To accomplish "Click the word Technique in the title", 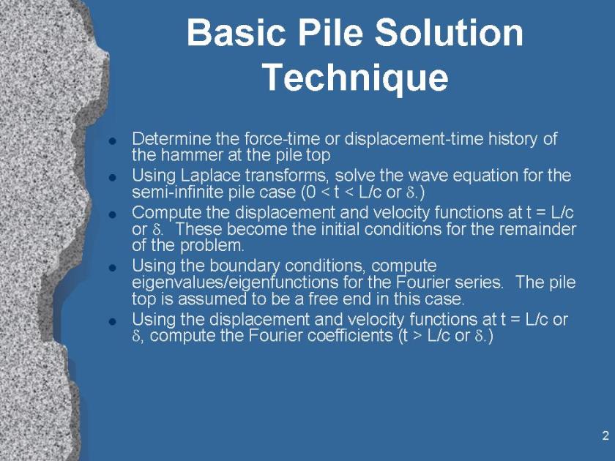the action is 355,78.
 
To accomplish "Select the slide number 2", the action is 605,435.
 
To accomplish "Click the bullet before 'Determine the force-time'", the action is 113,141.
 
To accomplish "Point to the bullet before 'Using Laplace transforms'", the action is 113,178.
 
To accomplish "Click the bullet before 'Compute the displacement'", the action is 113,215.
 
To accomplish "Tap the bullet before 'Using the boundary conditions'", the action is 113,268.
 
